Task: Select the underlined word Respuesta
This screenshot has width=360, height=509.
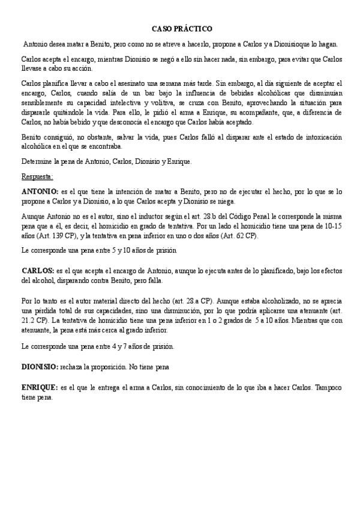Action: point(37,177)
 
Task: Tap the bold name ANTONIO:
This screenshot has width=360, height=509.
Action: point(40,191)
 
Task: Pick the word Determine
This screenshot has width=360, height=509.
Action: point(37,161)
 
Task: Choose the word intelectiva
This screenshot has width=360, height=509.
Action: point(130,103)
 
